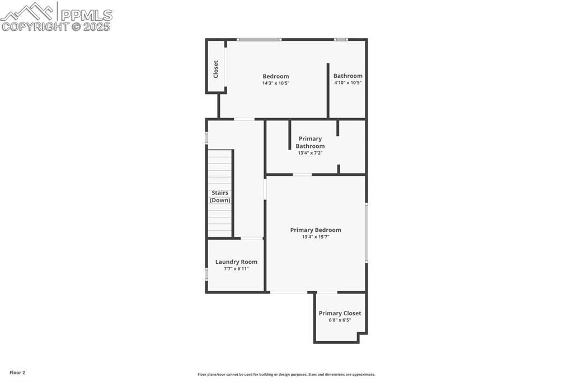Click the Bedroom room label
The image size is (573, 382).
tap(276, 76)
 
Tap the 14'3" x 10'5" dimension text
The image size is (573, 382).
tap(276, 83)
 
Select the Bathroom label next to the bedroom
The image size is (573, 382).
tap(347, 76)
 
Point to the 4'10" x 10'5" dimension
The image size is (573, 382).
tap(347, 83)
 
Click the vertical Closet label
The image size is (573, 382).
tap(216, 69)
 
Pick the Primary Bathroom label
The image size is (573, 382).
tap(310, 142)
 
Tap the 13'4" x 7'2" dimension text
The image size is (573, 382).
tap(310, 153)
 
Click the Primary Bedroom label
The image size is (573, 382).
tap(316, 230)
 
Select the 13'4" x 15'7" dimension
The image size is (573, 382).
tap(316, 237)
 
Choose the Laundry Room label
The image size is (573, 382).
tap(236, 262)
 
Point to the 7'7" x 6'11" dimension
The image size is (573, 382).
tap(236, 269)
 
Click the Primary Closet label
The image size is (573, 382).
tap(340, 313)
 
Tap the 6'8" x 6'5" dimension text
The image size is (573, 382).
tap(340, 320)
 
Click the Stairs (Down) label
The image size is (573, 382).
tap(220, 197)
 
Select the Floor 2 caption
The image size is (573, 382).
tap(17, 372)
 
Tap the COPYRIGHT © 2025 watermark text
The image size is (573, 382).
tap(56, 26)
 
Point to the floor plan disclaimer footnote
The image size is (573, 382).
tap(286, 375)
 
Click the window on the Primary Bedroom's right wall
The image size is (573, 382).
tap(367, 232)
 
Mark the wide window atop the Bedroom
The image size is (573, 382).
tap(259, 39)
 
